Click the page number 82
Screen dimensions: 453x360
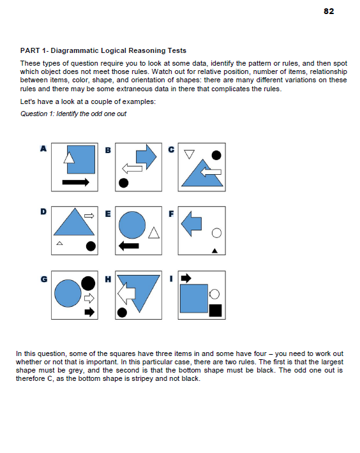pyautogui.click(x=329, y=11)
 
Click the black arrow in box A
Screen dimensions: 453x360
pyautogui.click(x=76, y=182)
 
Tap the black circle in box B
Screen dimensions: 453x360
pyautogui.click(x=123, y=183)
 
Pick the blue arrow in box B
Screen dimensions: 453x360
pyautogui.click(x=146, y=157)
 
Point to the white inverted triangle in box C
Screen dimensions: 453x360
pyautogui.click(x=188, y=154)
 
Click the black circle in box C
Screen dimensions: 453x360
pyautogui.click(x=216, y=154)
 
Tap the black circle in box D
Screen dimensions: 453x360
pyautogui.click(x=91, y=246)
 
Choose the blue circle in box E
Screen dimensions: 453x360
pyautogui.click(x=132, y=224)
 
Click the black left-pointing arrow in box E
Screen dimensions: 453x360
pyautogui.click(x=130, y=246)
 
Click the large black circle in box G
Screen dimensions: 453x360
pyautogui.click(x=88, y=283)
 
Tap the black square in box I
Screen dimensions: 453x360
pyautogui.click(x=215, y=311)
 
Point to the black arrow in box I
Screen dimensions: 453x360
pyautogui.click(x=186, y=278)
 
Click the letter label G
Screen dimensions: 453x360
pyautogui.click(x=44, y=278)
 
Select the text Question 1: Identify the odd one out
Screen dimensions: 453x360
pyautogui.click(x=73, y=114)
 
